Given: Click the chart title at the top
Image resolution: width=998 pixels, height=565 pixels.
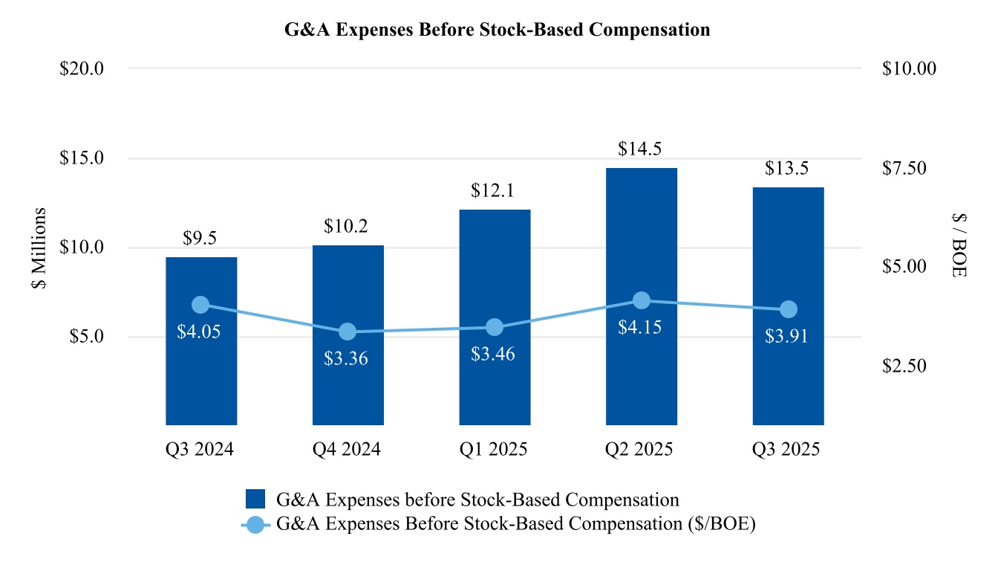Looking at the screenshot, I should [498, 30].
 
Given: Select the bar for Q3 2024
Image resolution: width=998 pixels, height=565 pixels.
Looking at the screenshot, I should [200, 372].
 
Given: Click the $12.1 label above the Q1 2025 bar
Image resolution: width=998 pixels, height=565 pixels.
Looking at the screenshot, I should [495, 191].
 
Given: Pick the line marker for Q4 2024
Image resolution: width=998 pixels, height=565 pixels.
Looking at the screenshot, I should [348, 332].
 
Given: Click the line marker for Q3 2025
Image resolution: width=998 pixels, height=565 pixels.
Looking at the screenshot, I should [788, 309].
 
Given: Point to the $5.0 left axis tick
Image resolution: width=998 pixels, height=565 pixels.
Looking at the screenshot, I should [85, 337].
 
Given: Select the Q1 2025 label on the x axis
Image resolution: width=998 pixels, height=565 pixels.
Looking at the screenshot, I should [495, 450].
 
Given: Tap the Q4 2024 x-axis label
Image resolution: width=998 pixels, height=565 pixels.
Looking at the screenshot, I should [348, 450].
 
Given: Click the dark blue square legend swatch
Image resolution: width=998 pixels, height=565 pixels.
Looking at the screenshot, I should [256, 499].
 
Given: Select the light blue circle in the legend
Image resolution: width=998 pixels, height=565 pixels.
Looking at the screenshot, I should [256, 523].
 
